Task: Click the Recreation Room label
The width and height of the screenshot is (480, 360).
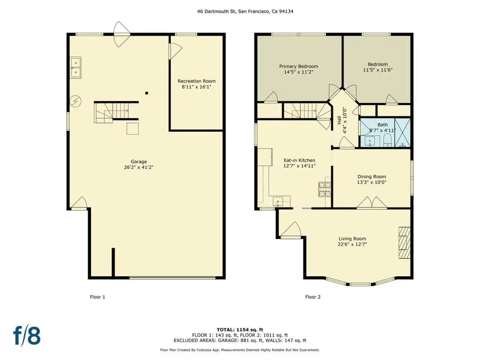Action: pos(196,81)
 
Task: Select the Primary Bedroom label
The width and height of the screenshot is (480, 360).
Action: pos(298,67)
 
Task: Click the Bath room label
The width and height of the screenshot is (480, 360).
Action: pos(383,124)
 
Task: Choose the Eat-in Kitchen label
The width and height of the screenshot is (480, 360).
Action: pos(299,160)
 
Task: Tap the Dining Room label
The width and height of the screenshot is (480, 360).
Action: pos(371,177)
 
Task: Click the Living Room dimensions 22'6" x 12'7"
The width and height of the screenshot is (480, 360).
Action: pos(353,244)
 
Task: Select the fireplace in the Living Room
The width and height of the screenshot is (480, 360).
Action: pos(405,243)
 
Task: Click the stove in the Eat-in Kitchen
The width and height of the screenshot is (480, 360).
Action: pos(324,189)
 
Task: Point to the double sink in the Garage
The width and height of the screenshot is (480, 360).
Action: pos(75,66)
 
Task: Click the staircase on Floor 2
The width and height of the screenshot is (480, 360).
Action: pos(302,111)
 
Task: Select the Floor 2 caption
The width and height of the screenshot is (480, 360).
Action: pos(313,297)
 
